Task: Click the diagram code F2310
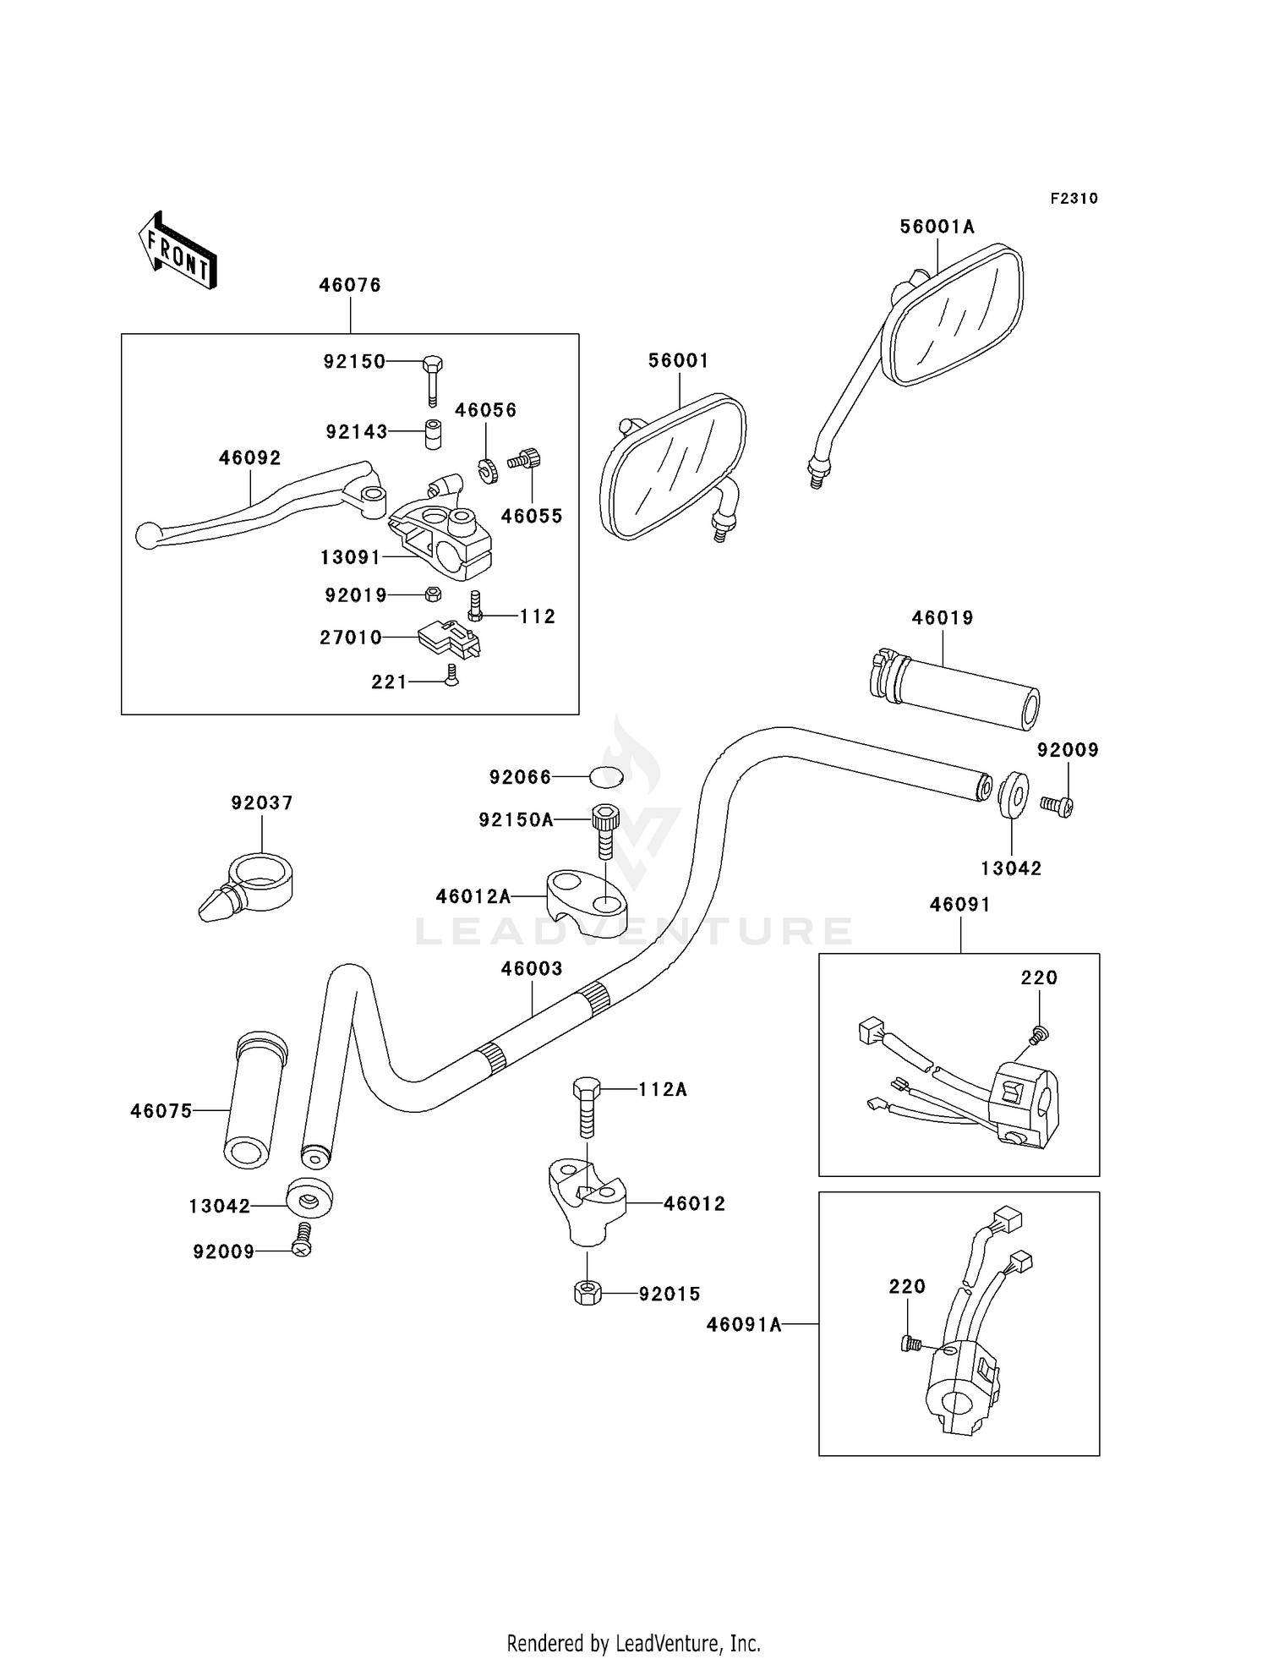point(1074,199)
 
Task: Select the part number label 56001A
point(937,227)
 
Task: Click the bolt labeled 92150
point(432,378)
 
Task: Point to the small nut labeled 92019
point(431,594)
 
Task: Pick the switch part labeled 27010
point(448,638)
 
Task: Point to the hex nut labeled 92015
point(587,1292)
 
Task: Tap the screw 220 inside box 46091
point(1040,1032)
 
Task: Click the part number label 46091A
point(744,1325)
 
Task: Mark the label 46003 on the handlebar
point(531,968)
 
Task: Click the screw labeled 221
point(451,675)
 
